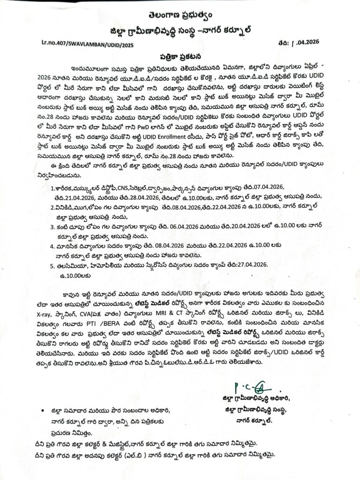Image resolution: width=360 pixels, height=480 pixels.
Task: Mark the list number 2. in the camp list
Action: pos(53,206)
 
